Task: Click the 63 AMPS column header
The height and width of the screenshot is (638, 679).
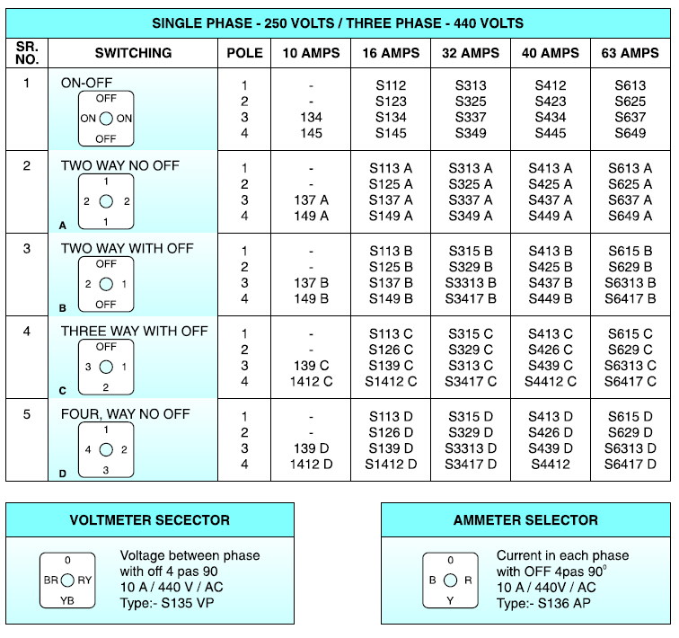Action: (x=630, y=53)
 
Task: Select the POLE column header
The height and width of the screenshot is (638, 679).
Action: (x=244, y=53)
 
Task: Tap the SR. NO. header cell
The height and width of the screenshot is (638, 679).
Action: (x=27, y=53)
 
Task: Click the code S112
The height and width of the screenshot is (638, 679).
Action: (x=391, y=85)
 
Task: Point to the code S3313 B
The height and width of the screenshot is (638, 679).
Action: (x=471, y=283)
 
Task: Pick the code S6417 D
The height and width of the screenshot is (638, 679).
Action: (x=630, y=465)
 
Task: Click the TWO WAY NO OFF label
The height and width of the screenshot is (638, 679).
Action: (x=120, y=165)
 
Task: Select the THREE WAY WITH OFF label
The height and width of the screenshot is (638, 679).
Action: (x=134, y=331)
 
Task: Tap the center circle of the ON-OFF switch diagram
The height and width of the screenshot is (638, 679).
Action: (x=106, y=119)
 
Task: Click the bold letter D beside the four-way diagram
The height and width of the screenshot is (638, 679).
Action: (x=63, y=474)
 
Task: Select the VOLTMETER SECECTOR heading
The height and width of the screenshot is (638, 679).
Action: (x=150, y=519)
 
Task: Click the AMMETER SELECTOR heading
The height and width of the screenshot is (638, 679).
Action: (x=525, y=519)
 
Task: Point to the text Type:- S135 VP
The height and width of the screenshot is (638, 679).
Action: (x=167, y=603)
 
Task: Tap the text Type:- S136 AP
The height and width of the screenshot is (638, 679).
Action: (x=543, y=603)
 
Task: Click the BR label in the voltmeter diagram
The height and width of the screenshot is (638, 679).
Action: (x=50, y=580)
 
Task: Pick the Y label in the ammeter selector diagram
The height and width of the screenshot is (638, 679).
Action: (x=450, y=600)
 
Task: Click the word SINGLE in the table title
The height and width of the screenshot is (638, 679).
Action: (x=178, y=23)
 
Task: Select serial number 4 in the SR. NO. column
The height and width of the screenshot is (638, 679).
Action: (x=27, y=332)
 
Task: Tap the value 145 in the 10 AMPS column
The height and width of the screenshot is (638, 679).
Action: (x=311, y=133)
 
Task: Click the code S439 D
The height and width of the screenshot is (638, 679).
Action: (x=550, y=448)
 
